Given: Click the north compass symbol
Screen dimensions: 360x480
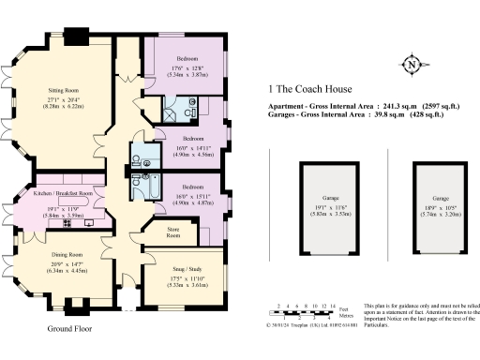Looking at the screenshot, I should (x=410, y=65).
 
